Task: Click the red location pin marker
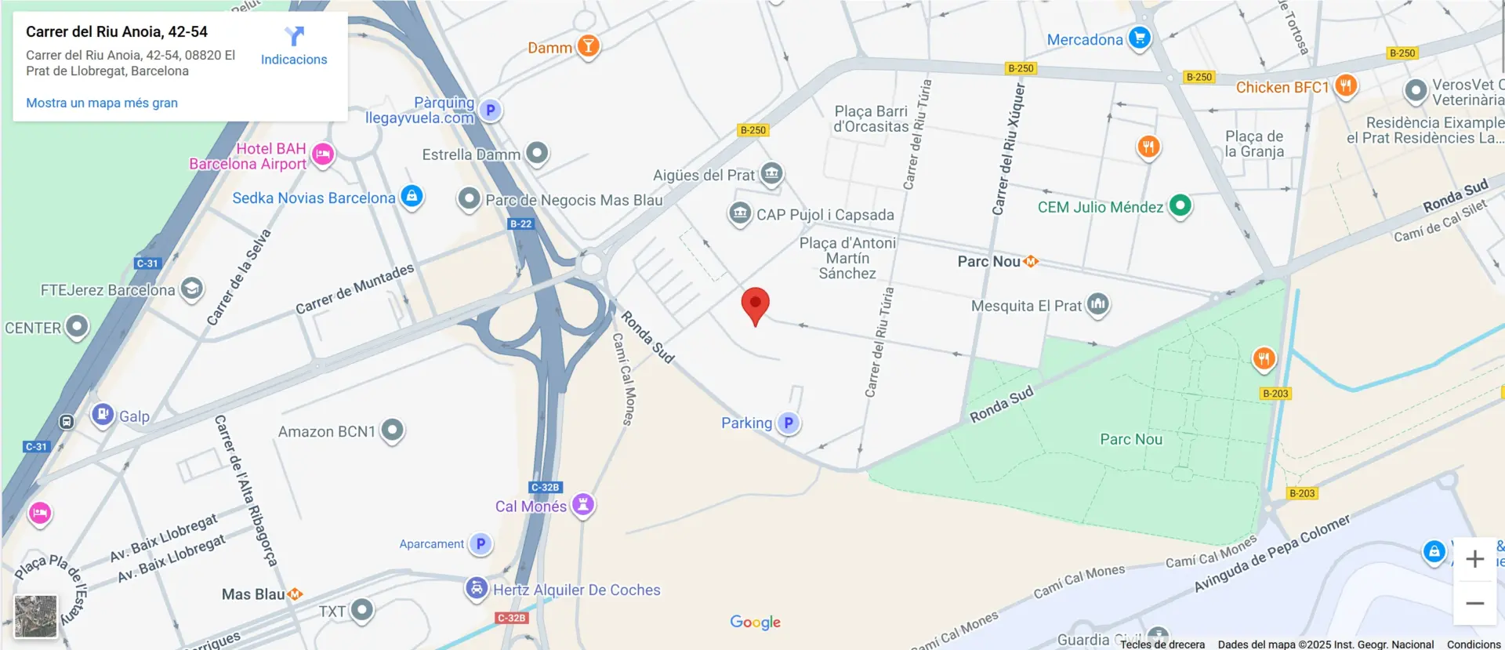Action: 755,305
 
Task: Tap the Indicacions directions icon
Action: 294,36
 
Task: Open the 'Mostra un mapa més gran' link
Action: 102,103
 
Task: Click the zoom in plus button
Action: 1474,559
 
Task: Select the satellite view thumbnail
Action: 36,616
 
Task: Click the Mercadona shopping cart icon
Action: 1140,38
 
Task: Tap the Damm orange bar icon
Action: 588,46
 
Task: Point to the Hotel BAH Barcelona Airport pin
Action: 323,154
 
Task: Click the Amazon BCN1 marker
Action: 392,430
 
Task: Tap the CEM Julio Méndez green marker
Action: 1180,205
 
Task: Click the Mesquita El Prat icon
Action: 1097,303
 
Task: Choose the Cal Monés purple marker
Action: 583,504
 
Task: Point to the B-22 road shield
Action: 520,223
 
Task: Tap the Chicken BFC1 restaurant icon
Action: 1346,85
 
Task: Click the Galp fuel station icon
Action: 103,414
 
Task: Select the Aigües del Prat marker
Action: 772,173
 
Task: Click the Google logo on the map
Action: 755,622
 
